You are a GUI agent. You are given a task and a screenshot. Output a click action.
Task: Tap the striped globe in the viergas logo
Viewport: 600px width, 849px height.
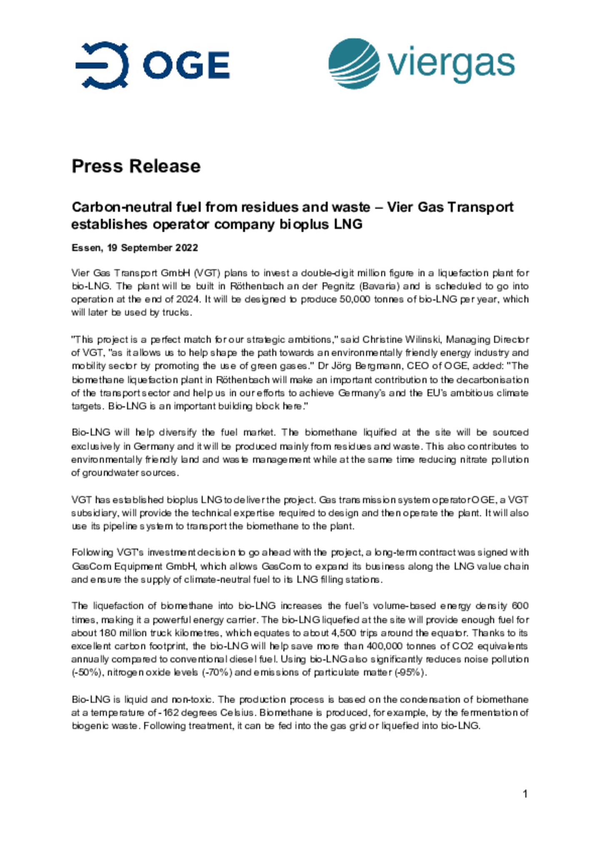click(354, 64)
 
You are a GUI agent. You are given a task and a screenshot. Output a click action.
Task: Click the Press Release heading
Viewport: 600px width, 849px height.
click(136, 166)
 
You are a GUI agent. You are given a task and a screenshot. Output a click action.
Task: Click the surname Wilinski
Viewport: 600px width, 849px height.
click(423, 340)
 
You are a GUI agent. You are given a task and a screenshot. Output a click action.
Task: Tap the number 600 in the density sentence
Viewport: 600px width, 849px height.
click(520, 606)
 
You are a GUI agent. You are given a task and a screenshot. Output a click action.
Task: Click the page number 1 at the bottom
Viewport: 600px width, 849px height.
click(525, 794)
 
